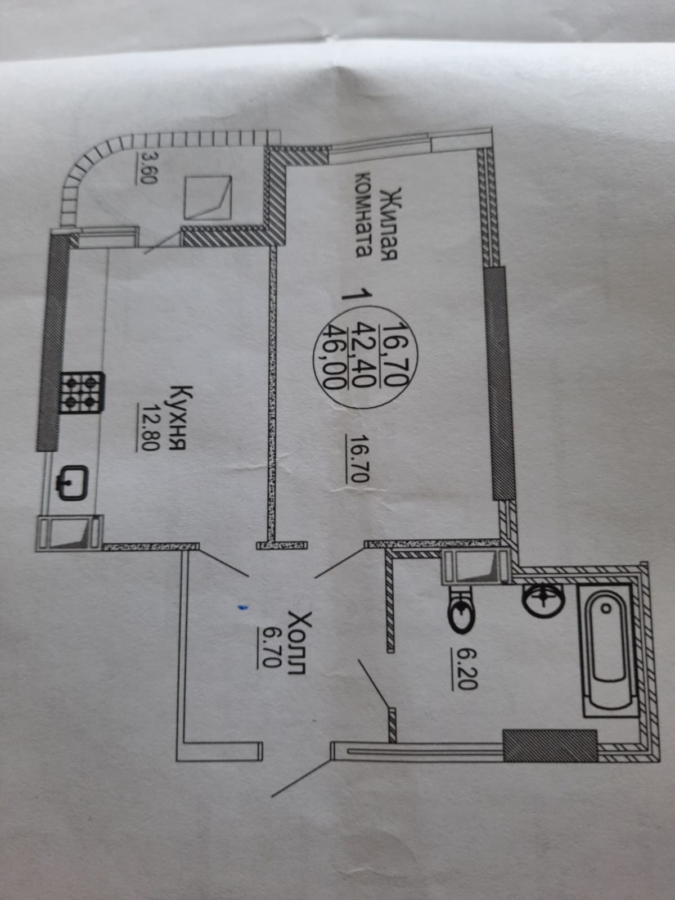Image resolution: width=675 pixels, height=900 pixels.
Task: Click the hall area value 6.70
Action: point(269,647)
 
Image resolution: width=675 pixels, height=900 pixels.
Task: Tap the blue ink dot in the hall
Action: point(241,607)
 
